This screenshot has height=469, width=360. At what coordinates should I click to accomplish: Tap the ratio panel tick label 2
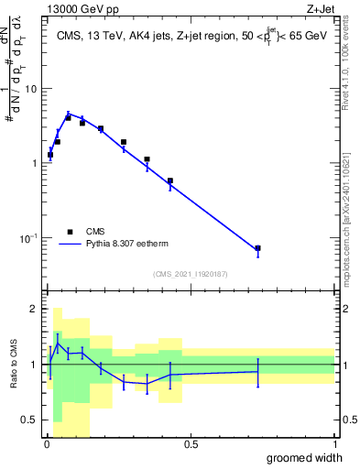[x=35, y=309]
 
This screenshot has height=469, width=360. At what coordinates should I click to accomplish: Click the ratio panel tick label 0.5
[x=30, y=420]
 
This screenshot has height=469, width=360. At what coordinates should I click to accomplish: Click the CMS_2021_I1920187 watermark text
[x=191, y=273]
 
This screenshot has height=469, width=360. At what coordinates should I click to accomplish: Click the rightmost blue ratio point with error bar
[x=257, y=371]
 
